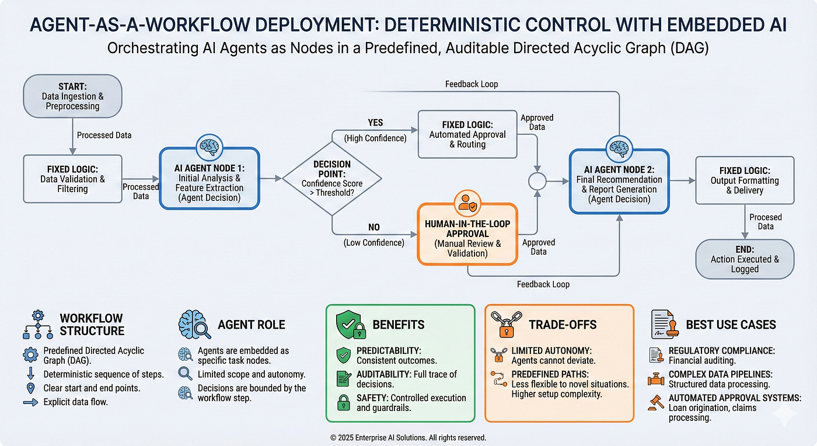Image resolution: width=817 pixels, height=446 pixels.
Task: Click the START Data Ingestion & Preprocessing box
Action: pos(72,96)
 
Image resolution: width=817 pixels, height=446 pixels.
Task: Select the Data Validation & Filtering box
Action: pos(72,179)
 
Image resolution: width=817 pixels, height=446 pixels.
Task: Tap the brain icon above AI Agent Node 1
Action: pos(209,145)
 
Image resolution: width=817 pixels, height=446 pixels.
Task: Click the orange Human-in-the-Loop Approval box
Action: pos(466,234)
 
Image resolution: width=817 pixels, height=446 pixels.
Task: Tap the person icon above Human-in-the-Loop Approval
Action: pos(466,202)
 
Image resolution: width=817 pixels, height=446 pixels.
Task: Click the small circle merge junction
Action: pos(537,182)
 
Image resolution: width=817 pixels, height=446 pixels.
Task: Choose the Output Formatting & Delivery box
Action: pos(744,180)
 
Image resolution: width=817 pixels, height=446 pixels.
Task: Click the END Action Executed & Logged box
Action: pos(744,259)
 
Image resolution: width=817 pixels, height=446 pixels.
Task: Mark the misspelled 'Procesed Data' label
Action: pos(765,221)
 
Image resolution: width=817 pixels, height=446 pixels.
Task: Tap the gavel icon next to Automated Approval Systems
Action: pos(656,402)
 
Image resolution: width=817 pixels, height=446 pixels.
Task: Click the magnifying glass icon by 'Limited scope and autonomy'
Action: pos(186,374)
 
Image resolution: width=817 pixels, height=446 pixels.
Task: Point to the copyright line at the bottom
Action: pos(408,437)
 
